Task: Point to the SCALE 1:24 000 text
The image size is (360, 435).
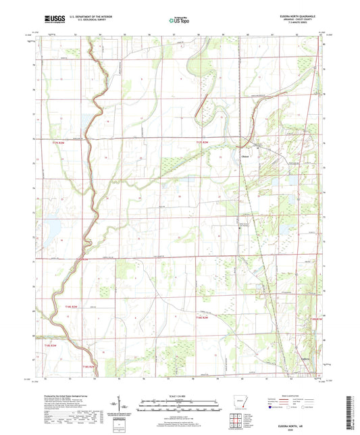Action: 180,396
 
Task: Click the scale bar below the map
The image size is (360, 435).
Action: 180,407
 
